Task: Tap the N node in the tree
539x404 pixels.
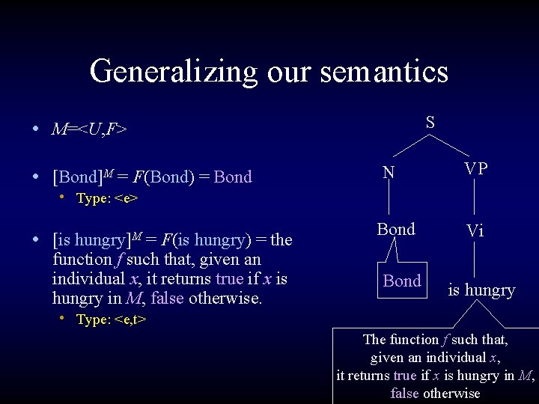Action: (389, 173)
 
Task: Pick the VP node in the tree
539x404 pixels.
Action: (475, 169)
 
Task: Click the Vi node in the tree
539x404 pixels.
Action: (475, 230)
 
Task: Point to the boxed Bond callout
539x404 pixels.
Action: (402, 281)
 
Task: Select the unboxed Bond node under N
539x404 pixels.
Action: (396, 230)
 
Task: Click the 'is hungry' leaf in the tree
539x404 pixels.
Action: (481, 290)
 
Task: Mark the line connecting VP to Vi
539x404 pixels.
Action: (475, 200)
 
